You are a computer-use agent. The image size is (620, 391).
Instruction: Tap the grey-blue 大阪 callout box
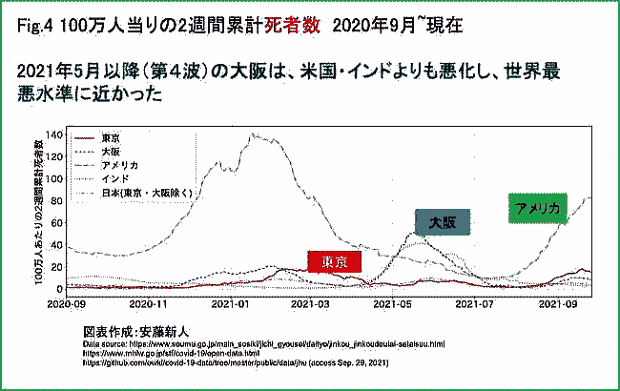click(442, 221)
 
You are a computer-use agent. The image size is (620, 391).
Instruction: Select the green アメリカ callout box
click(538, 208)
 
